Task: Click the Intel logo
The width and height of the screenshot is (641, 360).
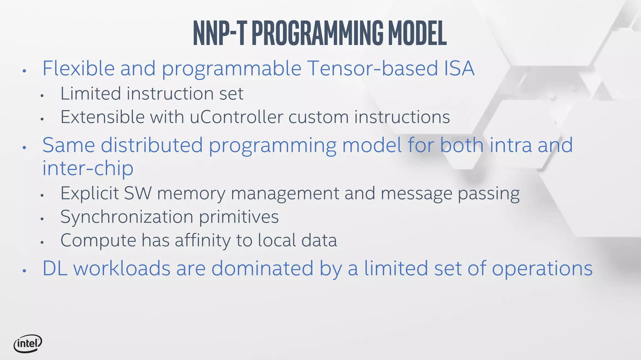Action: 28,344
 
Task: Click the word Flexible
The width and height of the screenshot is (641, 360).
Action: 78,68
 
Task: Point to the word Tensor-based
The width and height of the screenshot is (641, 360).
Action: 372,68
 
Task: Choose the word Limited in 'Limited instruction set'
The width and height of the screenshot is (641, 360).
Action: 91,93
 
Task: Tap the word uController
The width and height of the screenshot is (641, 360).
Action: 236,117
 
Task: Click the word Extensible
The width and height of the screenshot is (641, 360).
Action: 102,117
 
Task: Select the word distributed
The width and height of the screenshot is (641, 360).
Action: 152,145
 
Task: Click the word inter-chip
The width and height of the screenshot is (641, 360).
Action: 88,168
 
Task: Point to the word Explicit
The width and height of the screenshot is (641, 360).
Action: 90,193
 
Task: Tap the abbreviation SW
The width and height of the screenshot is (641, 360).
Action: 138,193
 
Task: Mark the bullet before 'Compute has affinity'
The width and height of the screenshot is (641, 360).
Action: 42,242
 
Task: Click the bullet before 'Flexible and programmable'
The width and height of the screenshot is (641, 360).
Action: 24,71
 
